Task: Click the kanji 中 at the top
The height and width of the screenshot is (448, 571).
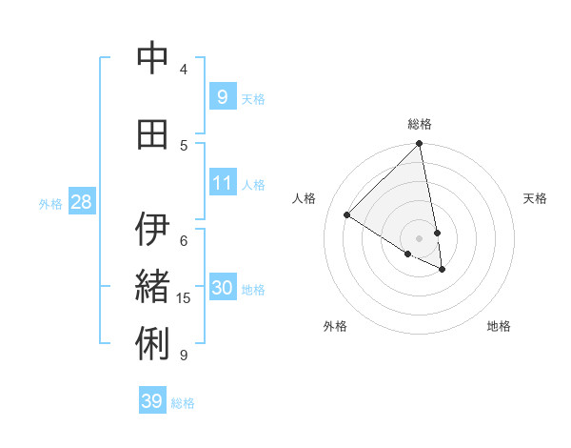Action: tap(152, 59)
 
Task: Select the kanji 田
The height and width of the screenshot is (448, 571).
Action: tap(152, 134)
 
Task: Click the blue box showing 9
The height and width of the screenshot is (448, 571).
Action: tap(222, 96)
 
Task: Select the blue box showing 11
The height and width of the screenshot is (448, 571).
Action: tap(222, 182)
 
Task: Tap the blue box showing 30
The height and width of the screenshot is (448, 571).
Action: tap(222, 288)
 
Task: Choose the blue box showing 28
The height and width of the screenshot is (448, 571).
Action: tap(81, 201)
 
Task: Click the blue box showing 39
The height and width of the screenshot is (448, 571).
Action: tap(152, 401)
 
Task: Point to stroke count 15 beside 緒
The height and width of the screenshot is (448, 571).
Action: tap(184, 298)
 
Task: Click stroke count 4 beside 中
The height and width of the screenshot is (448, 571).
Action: tap(184, 70)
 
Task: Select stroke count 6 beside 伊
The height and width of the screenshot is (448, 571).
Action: tap(184, 240)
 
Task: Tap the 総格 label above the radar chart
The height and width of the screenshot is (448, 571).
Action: tap(420, 124)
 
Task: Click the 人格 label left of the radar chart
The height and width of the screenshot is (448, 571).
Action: tap(305, 198)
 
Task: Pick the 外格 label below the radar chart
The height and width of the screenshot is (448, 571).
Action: tap(334, 326)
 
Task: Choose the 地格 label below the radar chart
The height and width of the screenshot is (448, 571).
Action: tap(499, 326)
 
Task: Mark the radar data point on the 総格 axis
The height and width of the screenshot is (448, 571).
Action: tap(419, 145)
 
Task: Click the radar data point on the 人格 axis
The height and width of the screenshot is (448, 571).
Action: tap(347, 215)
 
